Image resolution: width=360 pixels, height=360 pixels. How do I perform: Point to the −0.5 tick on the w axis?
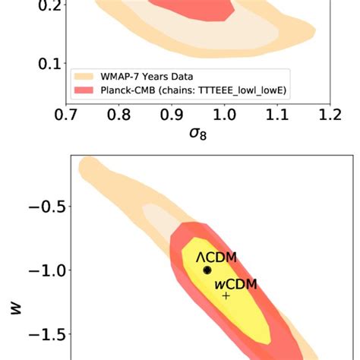[x=43, y=207]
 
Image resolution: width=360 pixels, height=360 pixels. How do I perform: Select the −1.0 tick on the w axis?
[x=43, y=270]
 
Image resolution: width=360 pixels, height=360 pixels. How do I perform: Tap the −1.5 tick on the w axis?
[x=43, y=334]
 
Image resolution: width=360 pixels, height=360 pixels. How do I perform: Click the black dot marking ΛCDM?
[x=207, y=270]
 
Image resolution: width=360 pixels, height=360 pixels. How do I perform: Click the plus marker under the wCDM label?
[x=226, y=295]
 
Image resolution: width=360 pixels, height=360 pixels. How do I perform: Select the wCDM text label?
[x=235, y=284]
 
